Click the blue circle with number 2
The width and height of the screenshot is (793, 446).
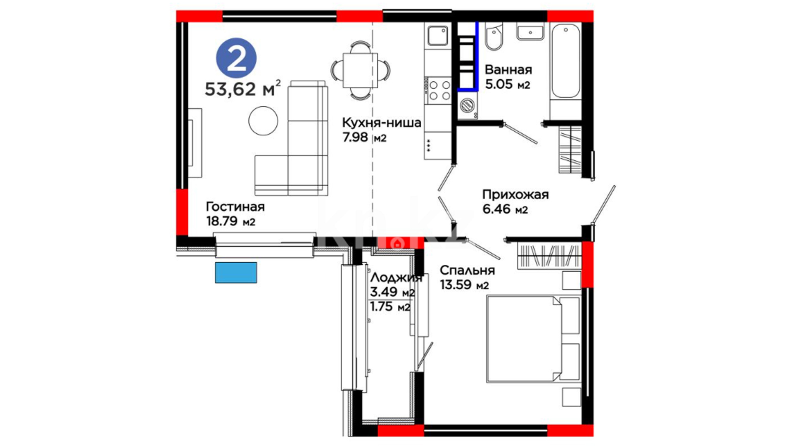point(236,58)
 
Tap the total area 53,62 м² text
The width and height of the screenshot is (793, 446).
point(243,88)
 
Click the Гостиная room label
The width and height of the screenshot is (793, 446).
point(235,206)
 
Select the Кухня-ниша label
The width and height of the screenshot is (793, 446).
point(382,123)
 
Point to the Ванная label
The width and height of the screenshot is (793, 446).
point(508,69)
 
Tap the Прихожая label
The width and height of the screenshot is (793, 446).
point(515,194)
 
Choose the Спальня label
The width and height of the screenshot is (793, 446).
point(467,270)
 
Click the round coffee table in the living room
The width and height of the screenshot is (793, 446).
point(263,121)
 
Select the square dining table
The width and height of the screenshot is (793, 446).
point(360,70)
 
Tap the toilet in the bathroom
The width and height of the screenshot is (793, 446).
point(494,37)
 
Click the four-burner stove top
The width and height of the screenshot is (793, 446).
point(439,90)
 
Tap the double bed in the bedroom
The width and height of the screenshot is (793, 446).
point(534,338)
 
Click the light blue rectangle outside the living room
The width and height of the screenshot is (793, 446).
point(236,273)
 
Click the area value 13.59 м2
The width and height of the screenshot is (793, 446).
point(464,285)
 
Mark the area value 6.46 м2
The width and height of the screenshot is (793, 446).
point(505,209)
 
